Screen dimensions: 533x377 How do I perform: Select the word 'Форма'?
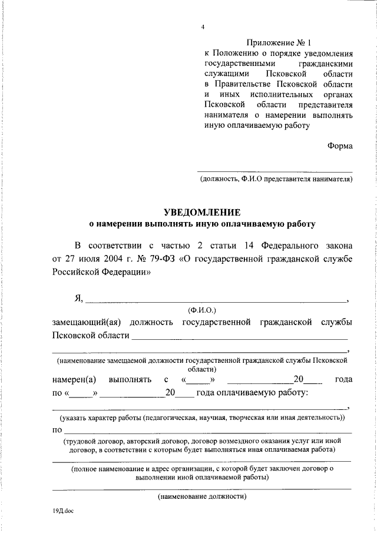340,146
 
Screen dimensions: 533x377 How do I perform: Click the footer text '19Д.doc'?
62,511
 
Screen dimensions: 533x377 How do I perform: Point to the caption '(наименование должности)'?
202,496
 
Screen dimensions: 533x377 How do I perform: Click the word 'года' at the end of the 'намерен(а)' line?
343,380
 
